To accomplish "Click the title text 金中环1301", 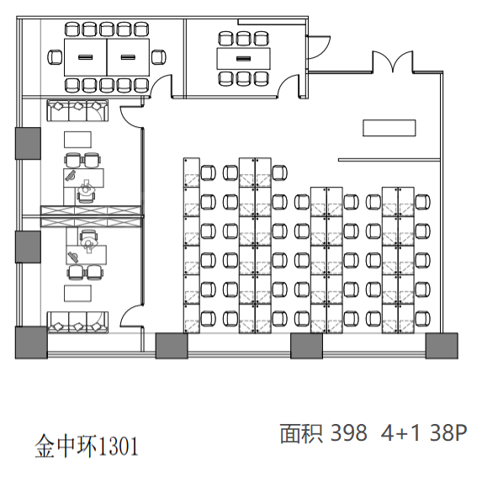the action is click(x=87, y=446).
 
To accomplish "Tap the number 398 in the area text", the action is click(x=348, y=432).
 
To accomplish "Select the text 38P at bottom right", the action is click(x=448, y=432).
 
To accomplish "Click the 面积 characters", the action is click(x=301, y=433).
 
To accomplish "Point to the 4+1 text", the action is click(x=400, y=432).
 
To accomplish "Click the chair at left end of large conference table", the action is click(x=55, y=57).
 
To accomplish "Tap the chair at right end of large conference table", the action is click(x=158, y=57).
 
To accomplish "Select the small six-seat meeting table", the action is click(x=244, y=58).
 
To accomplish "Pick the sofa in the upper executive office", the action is click(x=77, y=110).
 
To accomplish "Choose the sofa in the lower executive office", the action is click(x=77, y=322).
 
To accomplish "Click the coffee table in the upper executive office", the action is click(x=77, y=140).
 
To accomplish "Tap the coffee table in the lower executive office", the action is click(x=77, y=294).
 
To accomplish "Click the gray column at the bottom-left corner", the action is click(x=31, y=342).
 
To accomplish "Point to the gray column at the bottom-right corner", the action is click(x=442, y=346).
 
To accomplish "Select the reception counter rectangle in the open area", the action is click(x=389, y=128).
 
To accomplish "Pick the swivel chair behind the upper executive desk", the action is click(x=87, y=192).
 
